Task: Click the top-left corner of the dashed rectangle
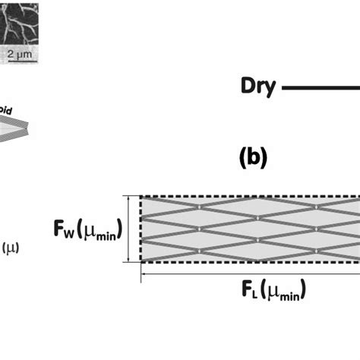pos(141,197)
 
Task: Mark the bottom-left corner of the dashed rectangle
pos(141,261)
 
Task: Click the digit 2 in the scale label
pos(11,55)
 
